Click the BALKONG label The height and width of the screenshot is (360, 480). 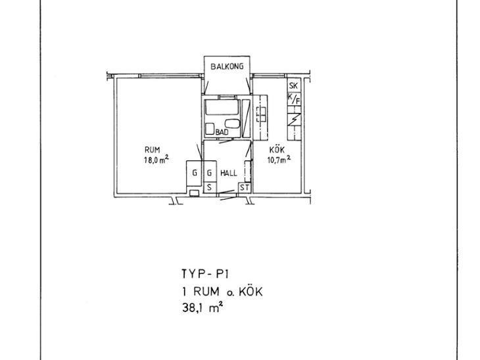click(x=227, y=66)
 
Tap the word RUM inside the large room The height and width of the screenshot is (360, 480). click(x=152, y=150)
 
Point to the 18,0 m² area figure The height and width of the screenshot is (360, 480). click(x=156, y=160)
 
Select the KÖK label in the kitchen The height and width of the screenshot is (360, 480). click(x=277, y=150)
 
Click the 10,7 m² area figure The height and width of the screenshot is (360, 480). click(x=279, y=160)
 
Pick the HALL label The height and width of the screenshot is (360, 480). click(x=229, y=173)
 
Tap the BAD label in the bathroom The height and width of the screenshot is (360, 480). click(x=222, y=133)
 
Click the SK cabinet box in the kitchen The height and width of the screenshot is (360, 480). click(x=294, y=85)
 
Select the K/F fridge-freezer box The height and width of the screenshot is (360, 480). click(x=294, y=99)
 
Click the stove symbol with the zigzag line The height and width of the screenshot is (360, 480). click(x=294, y=120)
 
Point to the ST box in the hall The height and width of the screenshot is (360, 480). click(x=245, y=187)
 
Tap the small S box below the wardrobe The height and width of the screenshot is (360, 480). click(x=210, y=187)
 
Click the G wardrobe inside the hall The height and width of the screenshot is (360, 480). click(x=210, y=173)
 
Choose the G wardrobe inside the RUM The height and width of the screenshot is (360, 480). click(x=194, y=173)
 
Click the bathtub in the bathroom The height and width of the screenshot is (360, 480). click(x=222, y=107)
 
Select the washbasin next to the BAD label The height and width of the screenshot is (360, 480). click(x=232, y=124)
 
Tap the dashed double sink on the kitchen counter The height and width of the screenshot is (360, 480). click(x=261, y=115)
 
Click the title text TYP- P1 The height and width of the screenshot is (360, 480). click(x=205, y=274)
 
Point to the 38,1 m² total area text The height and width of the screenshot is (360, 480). click(x=202, y=307)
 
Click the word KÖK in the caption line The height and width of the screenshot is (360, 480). click(x=251, y=292)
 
